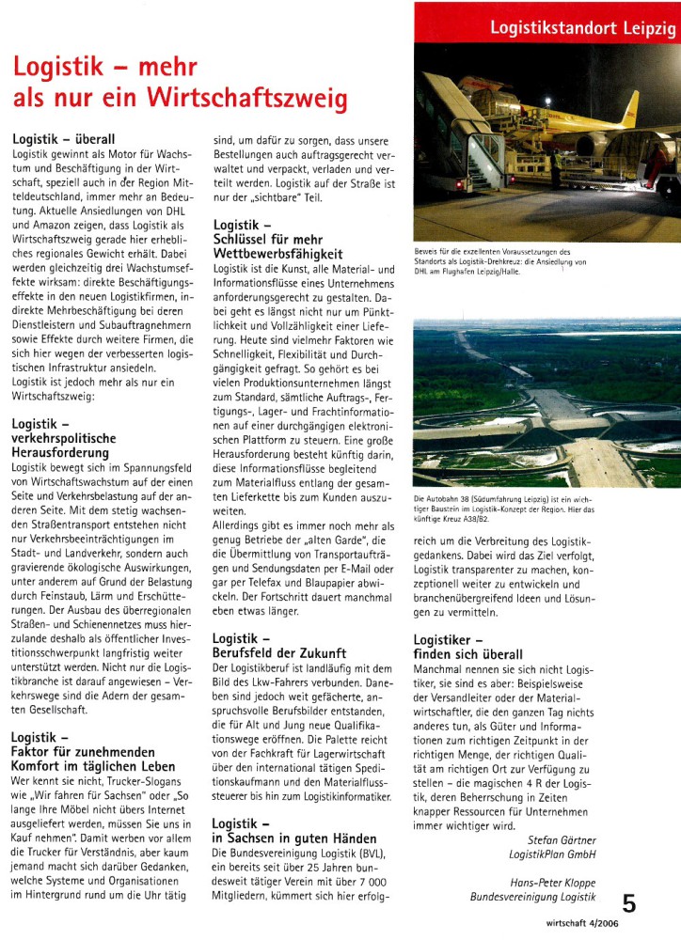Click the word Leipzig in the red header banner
pos(648,29)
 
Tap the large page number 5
pos(629,904)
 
